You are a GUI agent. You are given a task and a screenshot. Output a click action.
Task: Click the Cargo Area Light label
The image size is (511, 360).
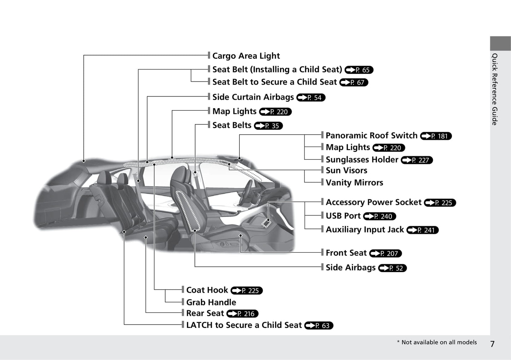coord(246,56)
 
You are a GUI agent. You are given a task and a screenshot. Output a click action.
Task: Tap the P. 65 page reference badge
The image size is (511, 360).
coord(359,70)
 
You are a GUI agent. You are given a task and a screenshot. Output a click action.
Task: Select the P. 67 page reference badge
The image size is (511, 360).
coord(354,82)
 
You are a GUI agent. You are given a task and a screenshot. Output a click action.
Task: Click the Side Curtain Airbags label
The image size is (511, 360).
coord(253,97)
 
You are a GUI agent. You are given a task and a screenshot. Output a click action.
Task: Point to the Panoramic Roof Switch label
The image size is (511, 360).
coord(371,136)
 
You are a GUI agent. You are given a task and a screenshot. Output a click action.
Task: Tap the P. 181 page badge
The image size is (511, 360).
coord(436,136)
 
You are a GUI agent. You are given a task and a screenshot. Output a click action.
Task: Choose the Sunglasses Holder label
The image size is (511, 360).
coord(362,160)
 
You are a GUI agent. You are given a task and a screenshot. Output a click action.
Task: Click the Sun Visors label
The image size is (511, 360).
coord(346,171)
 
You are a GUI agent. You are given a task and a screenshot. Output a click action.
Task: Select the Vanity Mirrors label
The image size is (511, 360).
coord(354,183)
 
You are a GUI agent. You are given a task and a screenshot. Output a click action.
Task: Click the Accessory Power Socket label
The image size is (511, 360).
coord(373,202)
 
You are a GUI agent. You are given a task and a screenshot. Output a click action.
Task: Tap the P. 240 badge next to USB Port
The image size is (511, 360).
coord(380,216)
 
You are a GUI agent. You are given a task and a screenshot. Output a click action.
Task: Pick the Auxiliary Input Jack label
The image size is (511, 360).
coord(365,230)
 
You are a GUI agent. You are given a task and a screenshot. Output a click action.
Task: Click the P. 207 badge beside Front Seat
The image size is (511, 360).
coord(385,253)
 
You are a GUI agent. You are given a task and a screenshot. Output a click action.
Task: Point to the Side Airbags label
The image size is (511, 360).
coord(350,268)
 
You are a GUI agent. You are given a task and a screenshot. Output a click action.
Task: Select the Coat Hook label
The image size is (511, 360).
coord(207,290)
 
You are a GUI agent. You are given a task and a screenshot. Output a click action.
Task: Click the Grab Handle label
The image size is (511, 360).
coord(211,302)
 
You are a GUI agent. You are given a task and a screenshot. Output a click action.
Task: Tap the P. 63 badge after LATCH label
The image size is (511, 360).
coord(319,325)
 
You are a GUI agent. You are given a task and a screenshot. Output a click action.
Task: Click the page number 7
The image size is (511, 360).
coord(492,344)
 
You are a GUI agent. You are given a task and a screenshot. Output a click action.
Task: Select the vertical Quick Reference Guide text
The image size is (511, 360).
coord(495,89)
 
